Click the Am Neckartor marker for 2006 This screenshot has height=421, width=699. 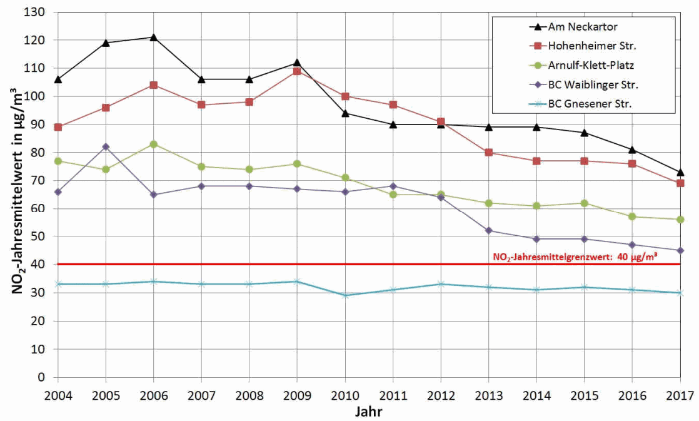(153, 38)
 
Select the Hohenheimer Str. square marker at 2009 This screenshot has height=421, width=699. (297, 71)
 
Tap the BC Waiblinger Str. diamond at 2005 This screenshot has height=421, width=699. (106, 146)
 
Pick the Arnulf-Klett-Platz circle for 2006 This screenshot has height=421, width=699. (153, 144)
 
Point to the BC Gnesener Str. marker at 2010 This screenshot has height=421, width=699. (345, 295)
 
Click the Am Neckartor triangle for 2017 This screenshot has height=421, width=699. (680, 172)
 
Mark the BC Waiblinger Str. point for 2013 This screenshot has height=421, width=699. (489, 230)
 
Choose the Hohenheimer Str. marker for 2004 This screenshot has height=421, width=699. (58, 127)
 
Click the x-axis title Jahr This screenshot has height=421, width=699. (368, 412)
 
